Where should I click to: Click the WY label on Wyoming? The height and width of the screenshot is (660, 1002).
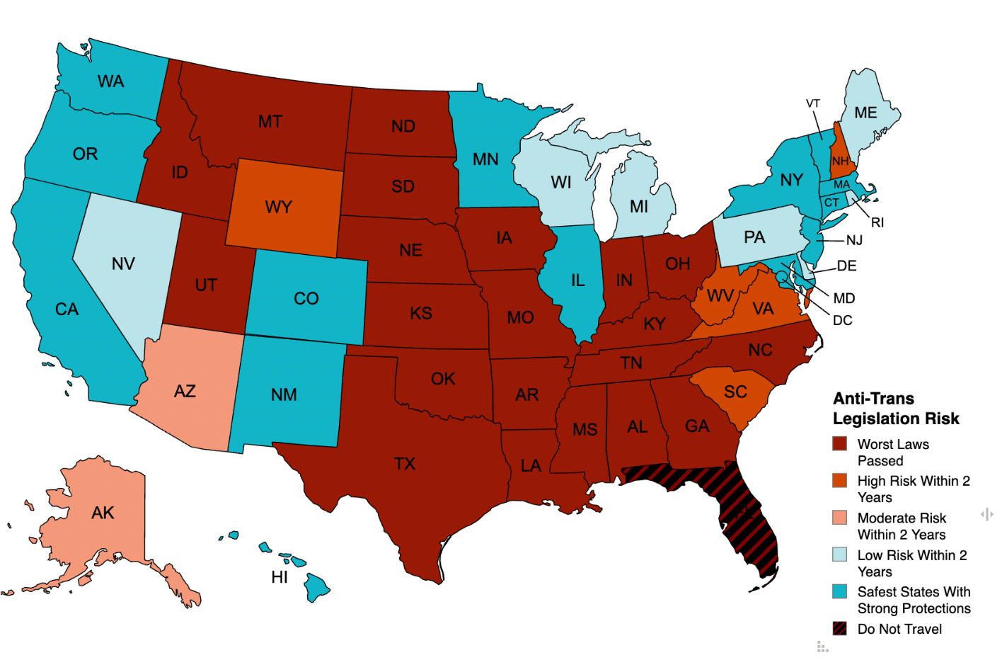(278, 207)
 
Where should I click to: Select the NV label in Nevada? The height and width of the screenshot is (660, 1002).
(123, 263)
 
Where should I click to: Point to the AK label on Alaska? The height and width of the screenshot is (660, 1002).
(103, 513)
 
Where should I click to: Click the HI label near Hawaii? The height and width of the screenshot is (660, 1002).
(280, 577)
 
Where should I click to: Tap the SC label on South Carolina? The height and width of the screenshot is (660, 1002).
(735, 392)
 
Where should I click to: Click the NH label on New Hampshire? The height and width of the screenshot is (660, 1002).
(840, 161)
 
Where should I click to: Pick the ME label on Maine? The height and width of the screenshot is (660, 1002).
(865, 113)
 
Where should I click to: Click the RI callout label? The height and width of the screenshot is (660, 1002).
(877, 222)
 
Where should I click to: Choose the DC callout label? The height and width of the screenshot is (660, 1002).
(842, 320)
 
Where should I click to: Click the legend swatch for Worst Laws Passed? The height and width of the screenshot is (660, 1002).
(840, 444)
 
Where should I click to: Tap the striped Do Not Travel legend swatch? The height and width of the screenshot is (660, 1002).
(840, 628)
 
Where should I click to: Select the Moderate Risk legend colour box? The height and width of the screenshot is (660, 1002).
(840, 518)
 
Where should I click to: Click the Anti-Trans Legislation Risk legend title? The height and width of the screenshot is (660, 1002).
(895, 409)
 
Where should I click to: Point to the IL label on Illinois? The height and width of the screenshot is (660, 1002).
(578, 280)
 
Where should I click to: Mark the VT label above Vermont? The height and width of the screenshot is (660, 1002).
(813, 103)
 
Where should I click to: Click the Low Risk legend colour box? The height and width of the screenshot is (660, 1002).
(840, 554)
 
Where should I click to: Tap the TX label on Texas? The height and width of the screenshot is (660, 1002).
(405, 464)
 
